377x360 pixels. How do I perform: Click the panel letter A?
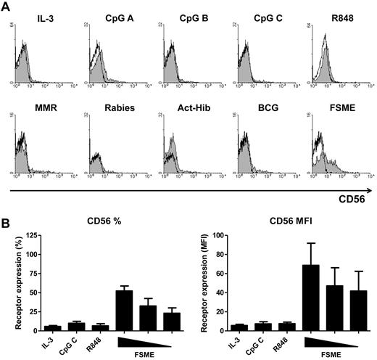coord(7,7)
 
